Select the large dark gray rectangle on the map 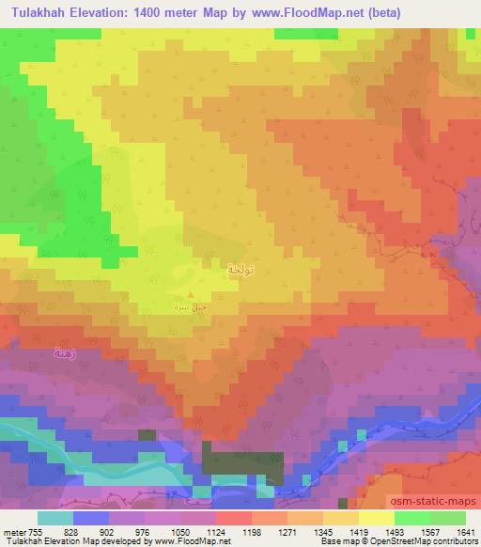point(242,464)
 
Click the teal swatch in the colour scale point(55,518)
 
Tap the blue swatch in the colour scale point(91,518)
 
